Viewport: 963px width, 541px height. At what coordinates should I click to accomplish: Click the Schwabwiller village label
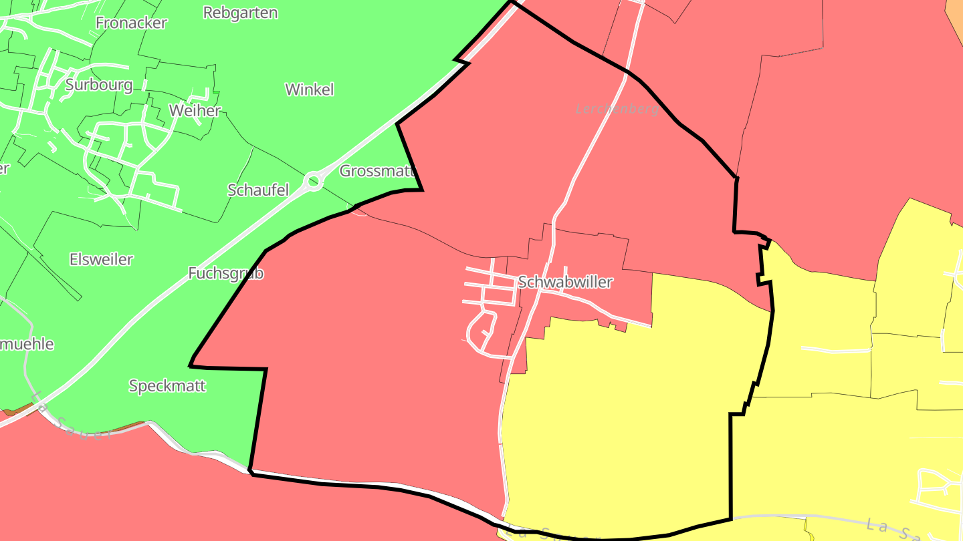tap(565, 282)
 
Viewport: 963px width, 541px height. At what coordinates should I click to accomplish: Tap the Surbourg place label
tap(99, 85)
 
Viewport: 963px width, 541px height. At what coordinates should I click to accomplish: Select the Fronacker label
tap(131, 23)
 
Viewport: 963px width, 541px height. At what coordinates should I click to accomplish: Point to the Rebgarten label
tap(240, 13)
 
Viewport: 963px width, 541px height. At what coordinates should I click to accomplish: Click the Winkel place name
tap(309, 89)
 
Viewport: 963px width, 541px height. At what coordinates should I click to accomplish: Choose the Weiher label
tap(195, 110)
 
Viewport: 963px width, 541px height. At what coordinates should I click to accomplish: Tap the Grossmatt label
tap(378, 171)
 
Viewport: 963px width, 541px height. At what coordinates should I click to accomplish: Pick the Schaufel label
tap(258, 190)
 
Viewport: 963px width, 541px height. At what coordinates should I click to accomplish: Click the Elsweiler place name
tap(101, 259)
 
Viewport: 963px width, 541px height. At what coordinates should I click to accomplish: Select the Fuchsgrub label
tap(225, 273)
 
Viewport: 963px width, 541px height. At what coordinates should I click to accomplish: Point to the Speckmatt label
tap(167, 386)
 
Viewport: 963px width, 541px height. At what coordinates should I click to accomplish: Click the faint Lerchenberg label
tap(617, 109)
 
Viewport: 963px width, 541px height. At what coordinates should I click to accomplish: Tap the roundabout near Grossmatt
tap(313, 180)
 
